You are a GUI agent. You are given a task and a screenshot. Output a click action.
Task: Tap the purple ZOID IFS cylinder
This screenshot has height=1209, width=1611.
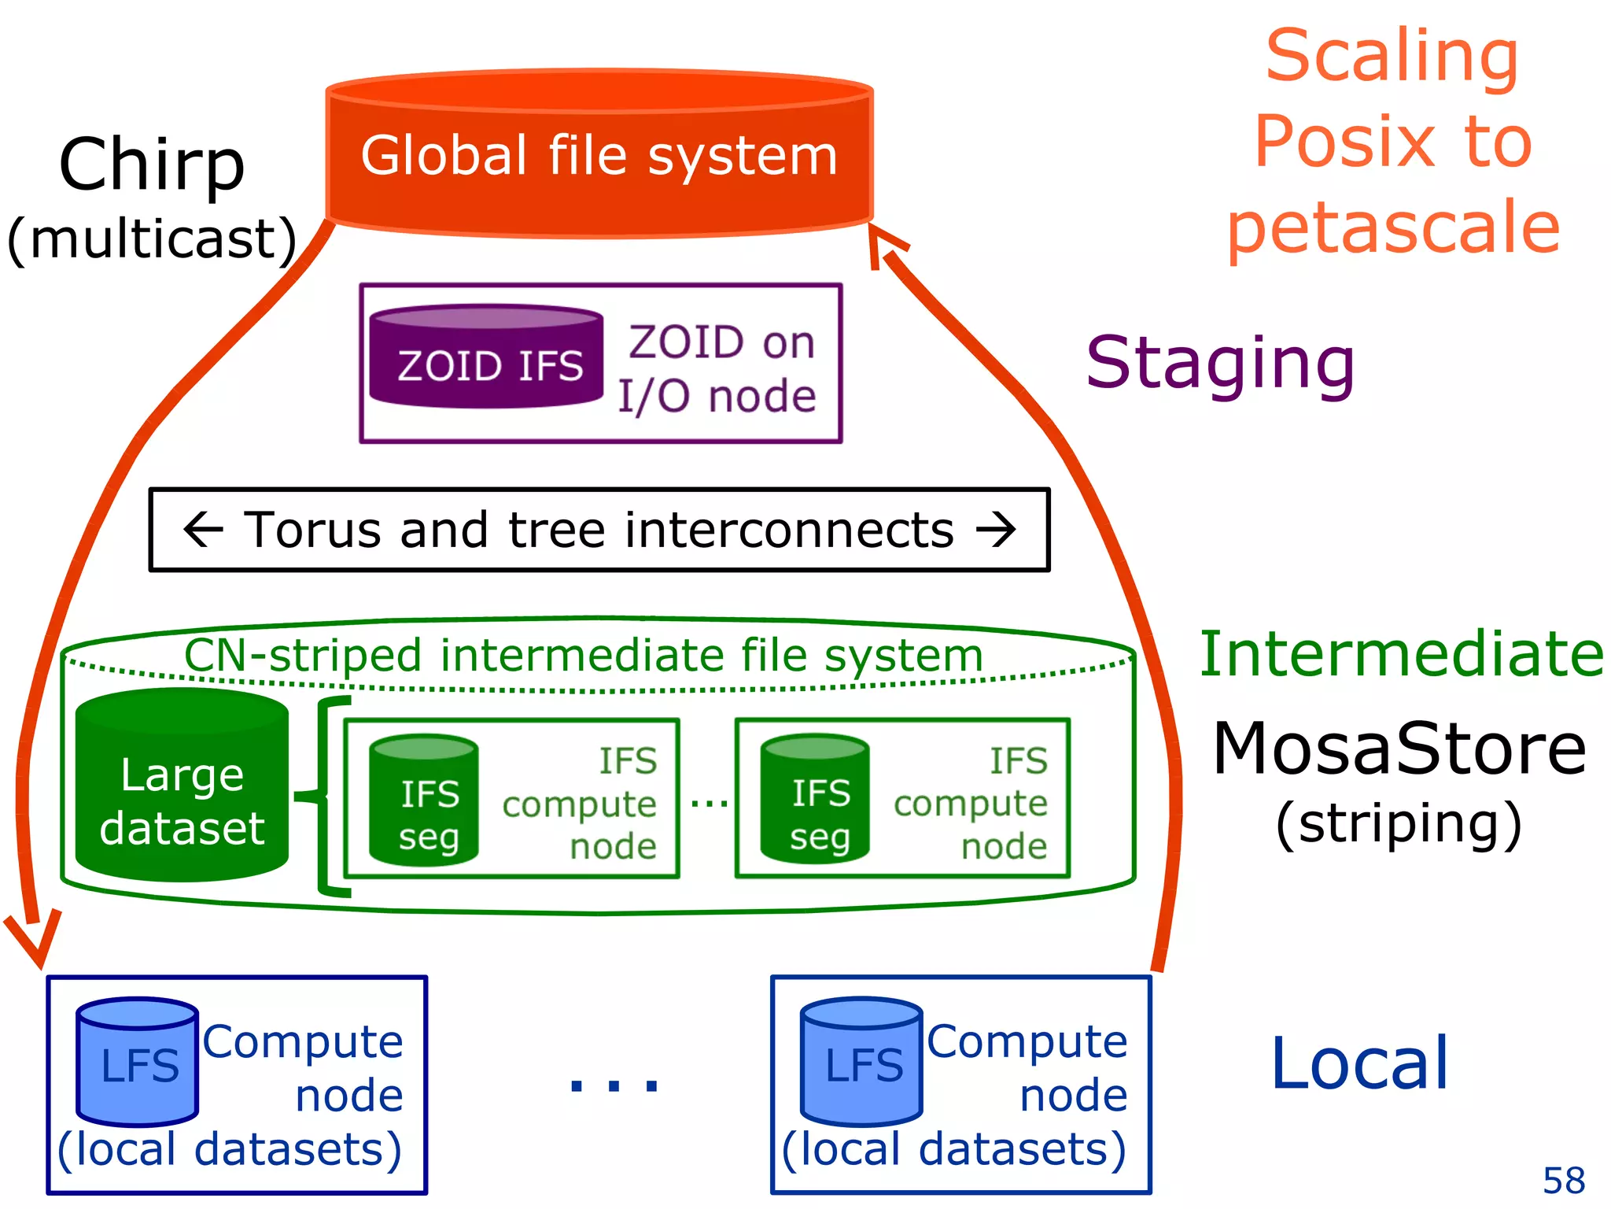pos(487,358)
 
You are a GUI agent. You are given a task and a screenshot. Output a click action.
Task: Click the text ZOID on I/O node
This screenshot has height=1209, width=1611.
pos(718,368)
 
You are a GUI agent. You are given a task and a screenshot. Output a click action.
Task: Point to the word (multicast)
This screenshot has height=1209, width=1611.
pos(152,238)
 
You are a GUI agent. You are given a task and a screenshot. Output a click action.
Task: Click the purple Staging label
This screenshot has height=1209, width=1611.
pos(1220,363)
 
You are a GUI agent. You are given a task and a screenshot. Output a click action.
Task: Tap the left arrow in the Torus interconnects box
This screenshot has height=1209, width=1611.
pos(203,529)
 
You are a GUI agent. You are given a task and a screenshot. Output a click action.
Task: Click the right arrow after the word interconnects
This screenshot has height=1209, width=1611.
pos(996,529)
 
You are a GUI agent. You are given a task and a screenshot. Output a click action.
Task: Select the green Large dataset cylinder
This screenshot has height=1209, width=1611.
pos(182,787)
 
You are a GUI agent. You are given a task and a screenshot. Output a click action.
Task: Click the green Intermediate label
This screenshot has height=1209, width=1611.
pos(1401,654)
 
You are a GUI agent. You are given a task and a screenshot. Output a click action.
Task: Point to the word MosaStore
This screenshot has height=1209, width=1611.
pos(1399,749)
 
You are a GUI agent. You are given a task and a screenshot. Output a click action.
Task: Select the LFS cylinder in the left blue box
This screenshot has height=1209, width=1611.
pos(137,1063)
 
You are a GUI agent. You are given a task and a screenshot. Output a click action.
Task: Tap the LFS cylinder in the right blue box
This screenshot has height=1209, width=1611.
pos(861,1063)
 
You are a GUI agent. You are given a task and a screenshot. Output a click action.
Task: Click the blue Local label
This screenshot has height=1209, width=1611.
pos(1360,1063)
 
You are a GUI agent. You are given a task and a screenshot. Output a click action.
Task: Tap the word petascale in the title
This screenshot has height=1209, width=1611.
pos(1393,227)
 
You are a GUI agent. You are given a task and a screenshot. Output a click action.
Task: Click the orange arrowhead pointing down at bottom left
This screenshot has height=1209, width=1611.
pos(33,941)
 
